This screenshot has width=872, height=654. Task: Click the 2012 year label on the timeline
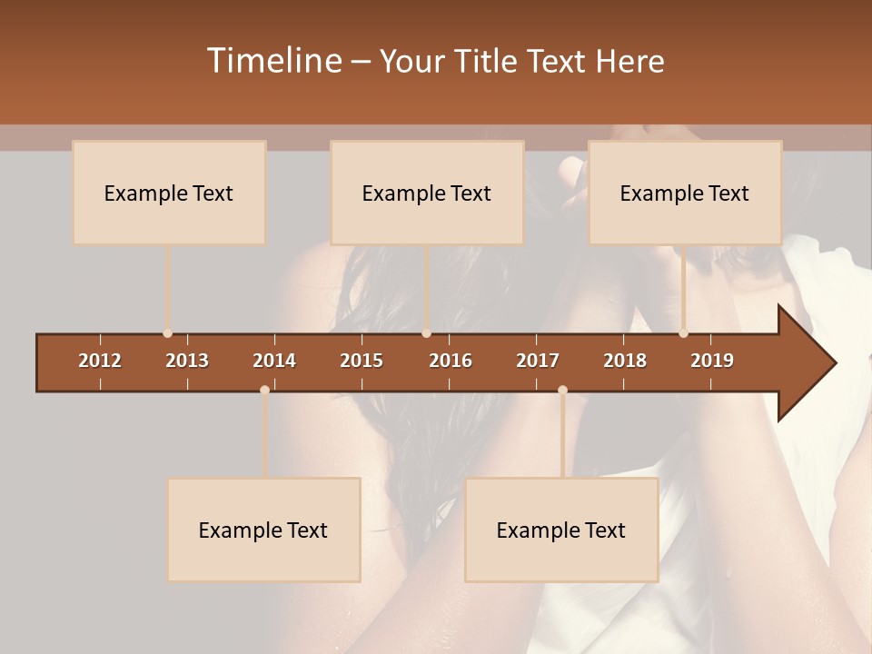[x=100, y=361]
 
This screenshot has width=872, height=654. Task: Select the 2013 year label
[x=187, y=361]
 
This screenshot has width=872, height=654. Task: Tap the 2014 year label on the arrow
[x=274, y=361]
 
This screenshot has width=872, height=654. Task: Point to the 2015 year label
[x=362, y=361]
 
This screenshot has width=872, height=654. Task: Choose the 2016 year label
[x=451, y=361]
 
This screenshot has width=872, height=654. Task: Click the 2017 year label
[x=538, y=361]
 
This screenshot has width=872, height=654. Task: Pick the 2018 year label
[x=625, y=361]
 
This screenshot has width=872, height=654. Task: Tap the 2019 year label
[x=712, y=361]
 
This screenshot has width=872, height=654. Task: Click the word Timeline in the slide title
[x=272, y=61]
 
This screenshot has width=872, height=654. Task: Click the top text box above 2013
[x=169, y=193]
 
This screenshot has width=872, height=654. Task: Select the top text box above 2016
[x=427, y=193]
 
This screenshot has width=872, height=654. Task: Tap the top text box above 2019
[x=685, y=193]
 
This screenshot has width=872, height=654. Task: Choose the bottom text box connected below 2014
[x=263, y=530]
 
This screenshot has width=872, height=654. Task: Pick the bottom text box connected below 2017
[x=561, y=530]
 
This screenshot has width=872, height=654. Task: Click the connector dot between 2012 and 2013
[x=167, y=333]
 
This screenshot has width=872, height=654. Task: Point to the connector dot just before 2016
[x=426, y=333]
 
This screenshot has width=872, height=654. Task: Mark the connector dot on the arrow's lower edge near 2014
[x=264, y=390]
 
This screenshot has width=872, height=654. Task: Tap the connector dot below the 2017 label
[x=562, y=390]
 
